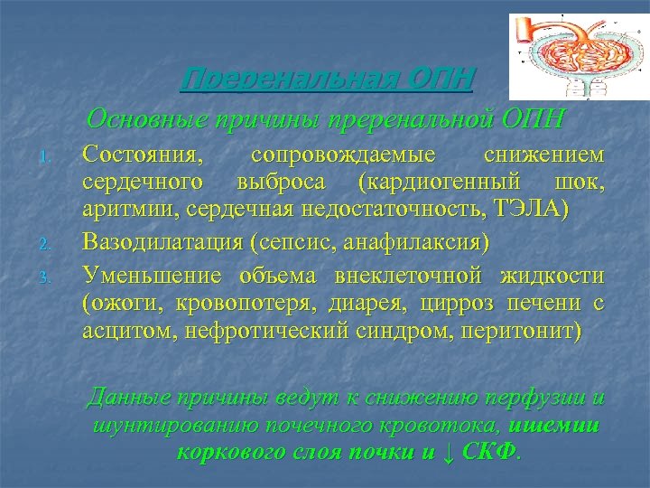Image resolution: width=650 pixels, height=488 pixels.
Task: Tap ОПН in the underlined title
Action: pos(442,80)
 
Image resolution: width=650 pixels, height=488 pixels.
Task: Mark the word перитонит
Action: pos(525,331)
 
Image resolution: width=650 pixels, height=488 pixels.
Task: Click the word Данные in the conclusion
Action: pos(125,398)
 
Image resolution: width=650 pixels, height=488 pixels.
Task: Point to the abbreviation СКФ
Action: pos(489,453)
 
